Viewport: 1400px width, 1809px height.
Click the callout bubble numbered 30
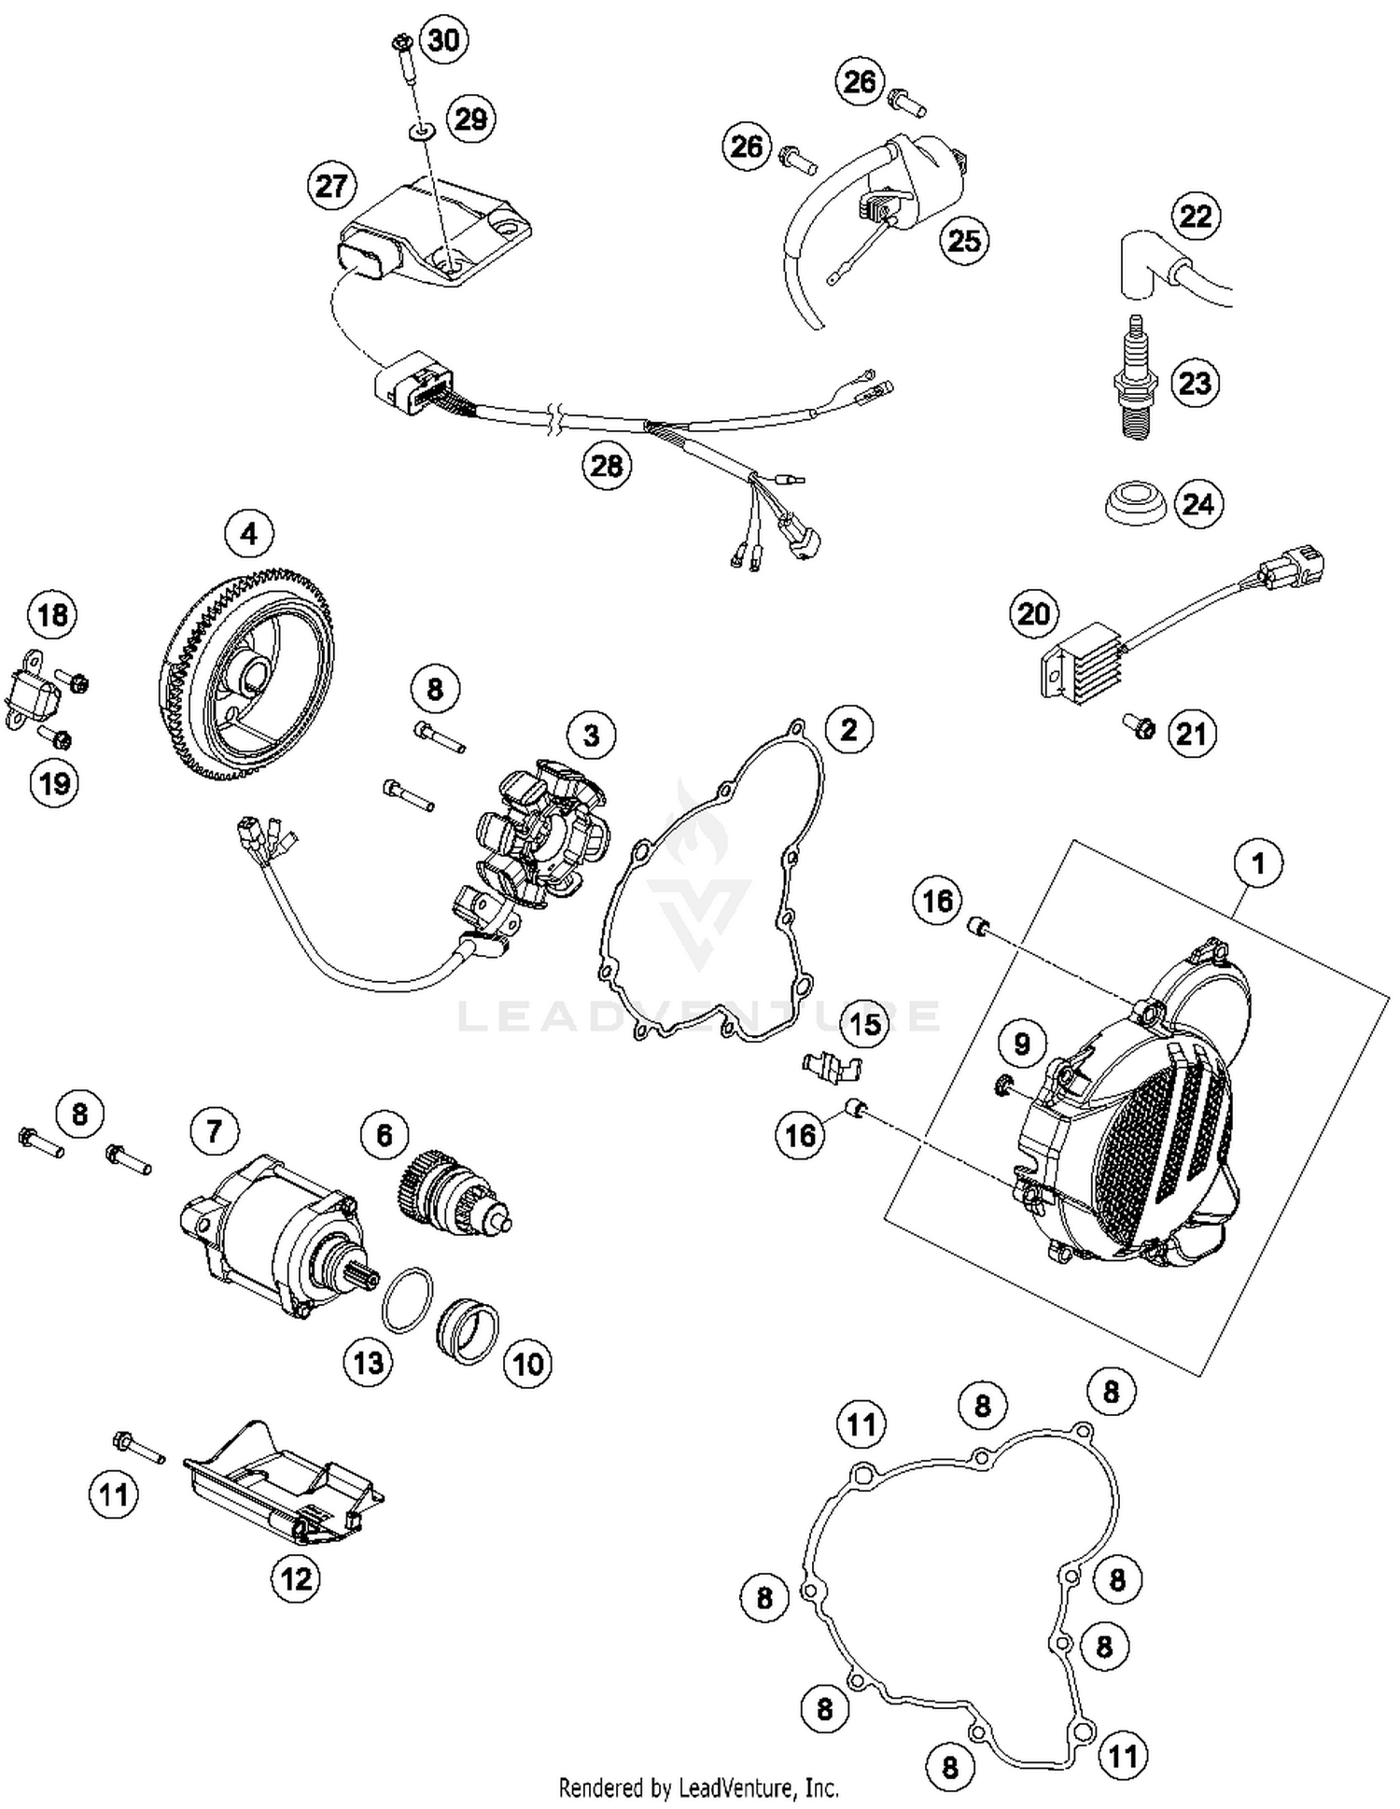tap(443, 40)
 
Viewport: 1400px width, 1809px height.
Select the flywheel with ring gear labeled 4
tap(245, 672)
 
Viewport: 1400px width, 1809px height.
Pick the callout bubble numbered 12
tap(295, 1579)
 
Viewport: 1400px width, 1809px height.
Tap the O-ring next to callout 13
tap(407, 1299)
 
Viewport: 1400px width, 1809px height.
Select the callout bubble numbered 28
tap(607, 464)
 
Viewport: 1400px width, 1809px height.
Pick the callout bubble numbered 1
tap(1258, 863)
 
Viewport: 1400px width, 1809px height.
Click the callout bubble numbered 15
tap(865, 1023)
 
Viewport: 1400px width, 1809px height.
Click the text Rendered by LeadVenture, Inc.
tap(698, 1788)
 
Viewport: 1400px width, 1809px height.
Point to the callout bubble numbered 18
tap(53, 615)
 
